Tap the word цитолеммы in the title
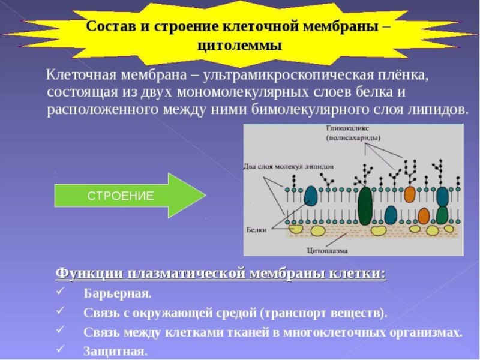pyautogui.click(x=239, y=46)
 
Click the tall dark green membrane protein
pyautogui.click(x=365, y=205)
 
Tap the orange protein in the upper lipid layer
pyautogui.click(x=410, y=194)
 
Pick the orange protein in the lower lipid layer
pyautogui.click(x=424, y=215)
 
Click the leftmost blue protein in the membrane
pyautogui.click(x=311, y=196)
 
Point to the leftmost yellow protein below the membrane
pyautogui.click(x=296, y=228)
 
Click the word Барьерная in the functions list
pyautogui.click(x=118, y=294)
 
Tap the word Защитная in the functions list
pyautogui.click(x=115, y=351)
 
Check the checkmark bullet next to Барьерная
pyautogui.click(x=60, y=293)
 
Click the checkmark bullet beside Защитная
pyautogui.click(x=60, y=349)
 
